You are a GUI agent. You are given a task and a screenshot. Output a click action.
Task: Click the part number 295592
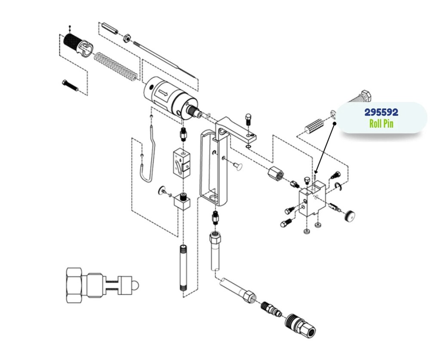click(x=381, y=113)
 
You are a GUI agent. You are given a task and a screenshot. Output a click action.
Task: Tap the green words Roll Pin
click(x=381, y=124)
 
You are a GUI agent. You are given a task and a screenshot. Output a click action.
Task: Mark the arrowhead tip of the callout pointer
click(x=316, y=172)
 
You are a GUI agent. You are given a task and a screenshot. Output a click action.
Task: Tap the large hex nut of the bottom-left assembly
click(x=74, y=284)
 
